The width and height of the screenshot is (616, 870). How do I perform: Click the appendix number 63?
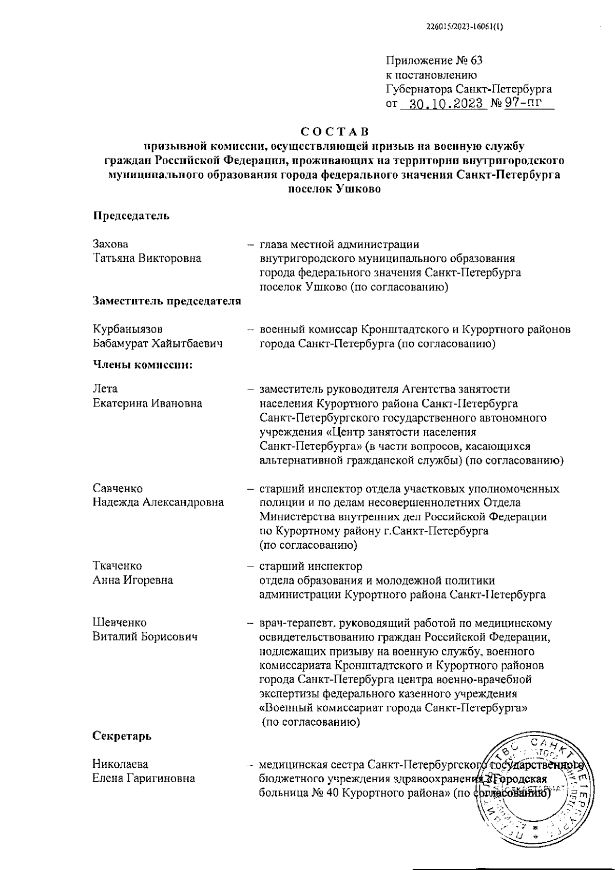[475, 61]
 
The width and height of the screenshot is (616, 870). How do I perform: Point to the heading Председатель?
[131, 216]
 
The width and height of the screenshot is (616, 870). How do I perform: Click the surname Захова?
[110, 244]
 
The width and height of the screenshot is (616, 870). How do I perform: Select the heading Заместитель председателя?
[167, 301]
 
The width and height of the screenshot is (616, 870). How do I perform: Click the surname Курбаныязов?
[128, 329]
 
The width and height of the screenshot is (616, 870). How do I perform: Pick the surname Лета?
[105, 389]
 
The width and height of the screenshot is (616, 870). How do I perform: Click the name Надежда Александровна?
[158, 502]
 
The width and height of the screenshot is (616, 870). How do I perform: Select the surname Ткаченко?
[118, 566]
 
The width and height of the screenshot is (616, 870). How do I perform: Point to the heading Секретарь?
[122, 736]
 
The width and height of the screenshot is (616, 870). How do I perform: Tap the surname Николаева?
[120, 764]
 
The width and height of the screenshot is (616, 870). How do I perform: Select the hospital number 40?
[332, 793]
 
